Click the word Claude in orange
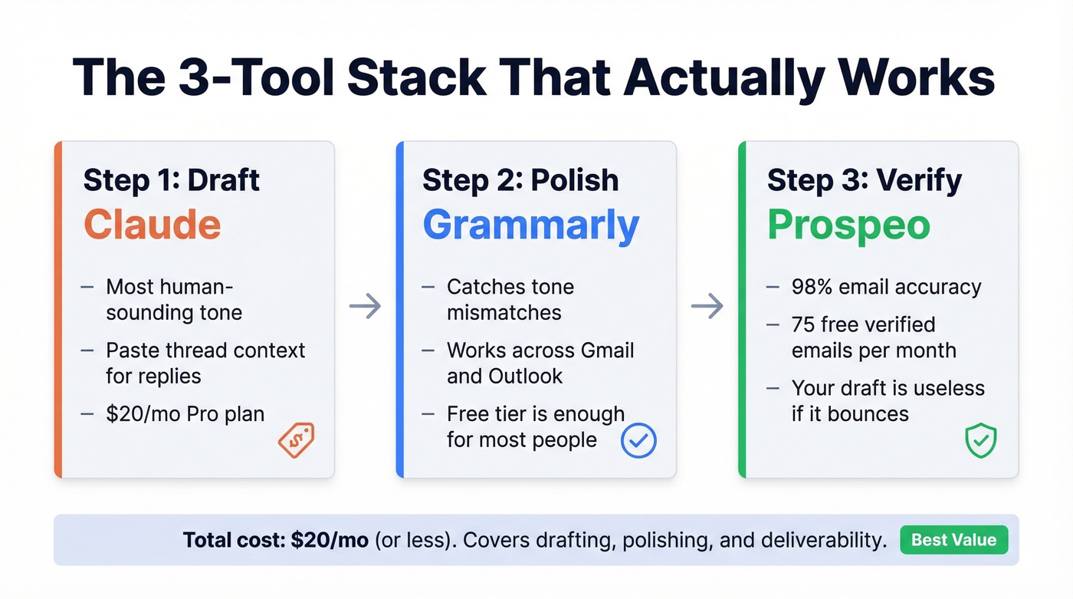pos(152,225)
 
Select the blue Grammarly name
pos(530,225)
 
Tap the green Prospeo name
pos(848,225)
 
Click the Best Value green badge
pos(953,540)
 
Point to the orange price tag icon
pos(295,440)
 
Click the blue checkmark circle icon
pos(638,440)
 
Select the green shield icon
pos(980,442)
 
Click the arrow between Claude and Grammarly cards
pos(365,307)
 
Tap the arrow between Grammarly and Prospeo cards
pos(707,307)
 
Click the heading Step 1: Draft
pos(172,180)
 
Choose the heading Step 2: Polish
pos(520,180)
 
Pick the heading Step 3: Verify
pos(864,180)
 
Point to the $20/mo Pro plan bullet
pos(185,414)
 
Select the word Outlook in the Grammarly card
pos(525,377)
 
